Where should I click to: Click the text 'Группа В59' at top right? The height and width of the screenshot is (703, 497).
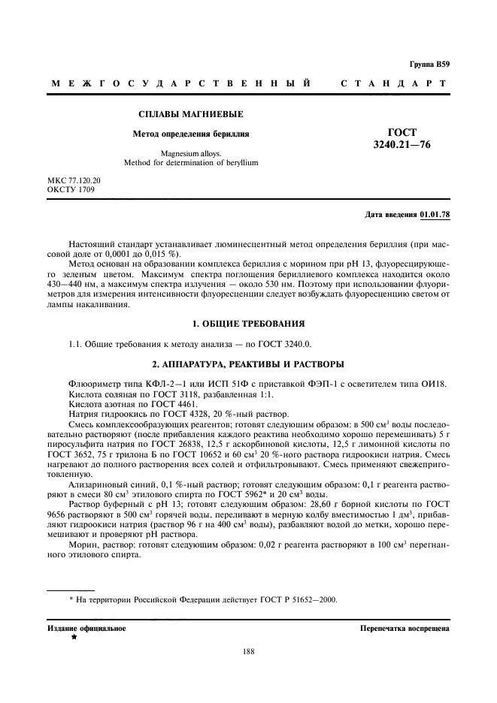point(429,65)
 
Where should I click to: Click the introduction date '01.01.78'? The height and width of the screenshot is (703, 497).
point(435,216)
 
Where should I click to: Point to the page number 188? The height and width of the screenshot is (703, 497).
point(249,652)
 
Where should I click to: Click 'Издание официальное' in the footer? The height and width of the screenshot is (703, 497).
point(87,627)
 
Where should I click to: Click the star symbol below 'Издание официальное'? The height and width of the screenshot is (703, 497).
point(74,637)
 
